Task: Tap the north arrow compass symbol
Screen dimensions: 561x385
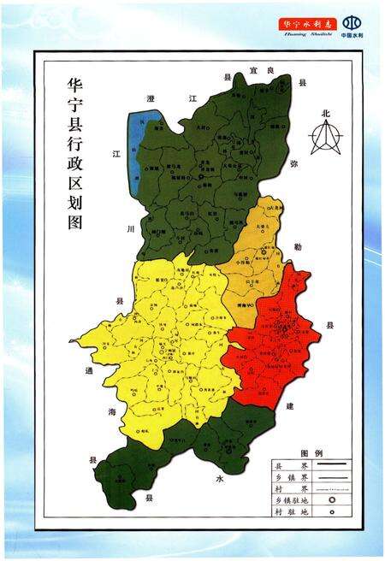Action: [324, 137]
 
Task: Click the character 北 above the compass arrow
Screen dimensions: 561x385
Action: [325, 113]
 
